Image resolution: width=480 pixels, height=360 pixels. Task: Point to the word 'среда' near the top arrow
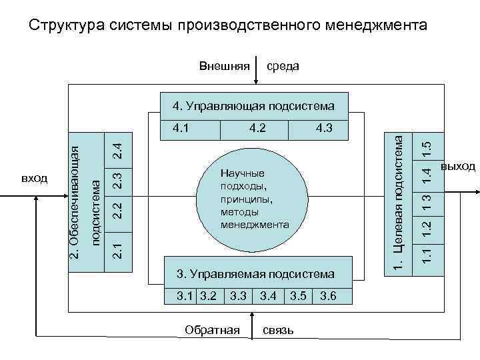pos(283,66)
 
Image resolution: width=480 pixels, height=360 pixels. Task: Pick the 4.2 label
pos(257,127)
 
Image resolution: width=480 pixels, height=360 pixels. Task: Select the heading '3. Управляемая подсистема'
pos(255,274)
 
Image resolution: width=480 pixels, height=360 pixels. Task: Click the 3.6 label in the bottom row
pos(328,295)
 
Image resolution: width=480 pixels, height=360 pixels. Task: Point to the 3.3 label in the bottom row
pos(238,295)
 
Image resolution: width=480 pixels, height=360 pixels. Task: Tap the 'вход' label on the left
pos(35,178)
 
